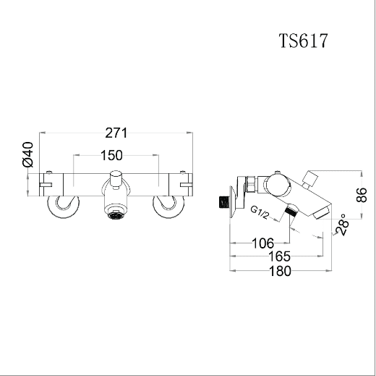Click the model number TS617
(304, 41)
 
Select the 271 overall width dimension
(116, 133)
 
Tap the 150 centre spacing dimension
(111, 155)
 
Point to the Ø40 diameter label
(27, 154)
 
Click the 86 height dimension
(361, 195)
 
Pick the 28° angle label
(343, 225)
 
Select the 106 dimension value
(262, 243)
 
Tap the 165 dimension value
(279, 256)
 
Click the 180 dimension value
(280, 271)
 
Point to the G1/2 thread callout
(260, 212)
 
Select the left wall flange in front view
(64, 206)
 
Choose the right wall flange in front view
(168, 206)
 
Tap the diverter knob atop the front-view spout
(116, 179)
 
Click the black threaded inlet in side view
(223, 202)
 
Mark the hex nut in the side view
(251, 185)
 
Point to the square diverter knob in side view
(311, 178)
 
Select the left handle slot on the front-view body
(46, 185)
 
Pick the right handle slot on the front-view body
(187, 185)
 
